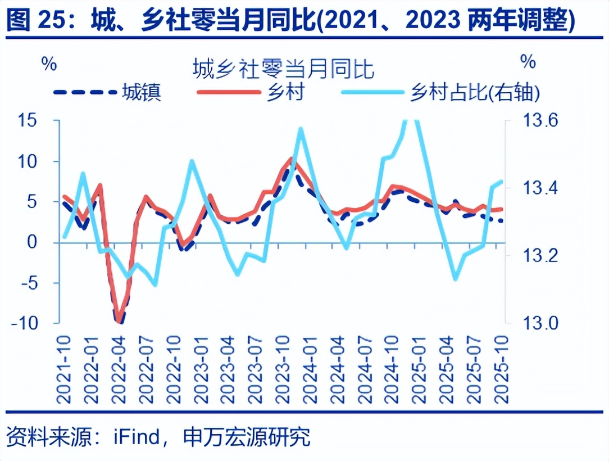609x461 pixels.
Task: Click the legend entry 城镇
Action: click(x=143, y=92)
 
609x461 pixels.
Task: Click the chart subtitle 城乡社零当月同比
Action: click(x=283, y=70)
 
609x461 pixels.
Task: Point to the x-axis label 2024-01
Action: click(x=307, y=368)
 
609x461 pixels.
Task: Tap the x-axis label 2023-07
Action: click(x=254, y=368)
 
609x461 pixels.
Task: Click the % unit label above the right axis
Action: click(x=528, y=62)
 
